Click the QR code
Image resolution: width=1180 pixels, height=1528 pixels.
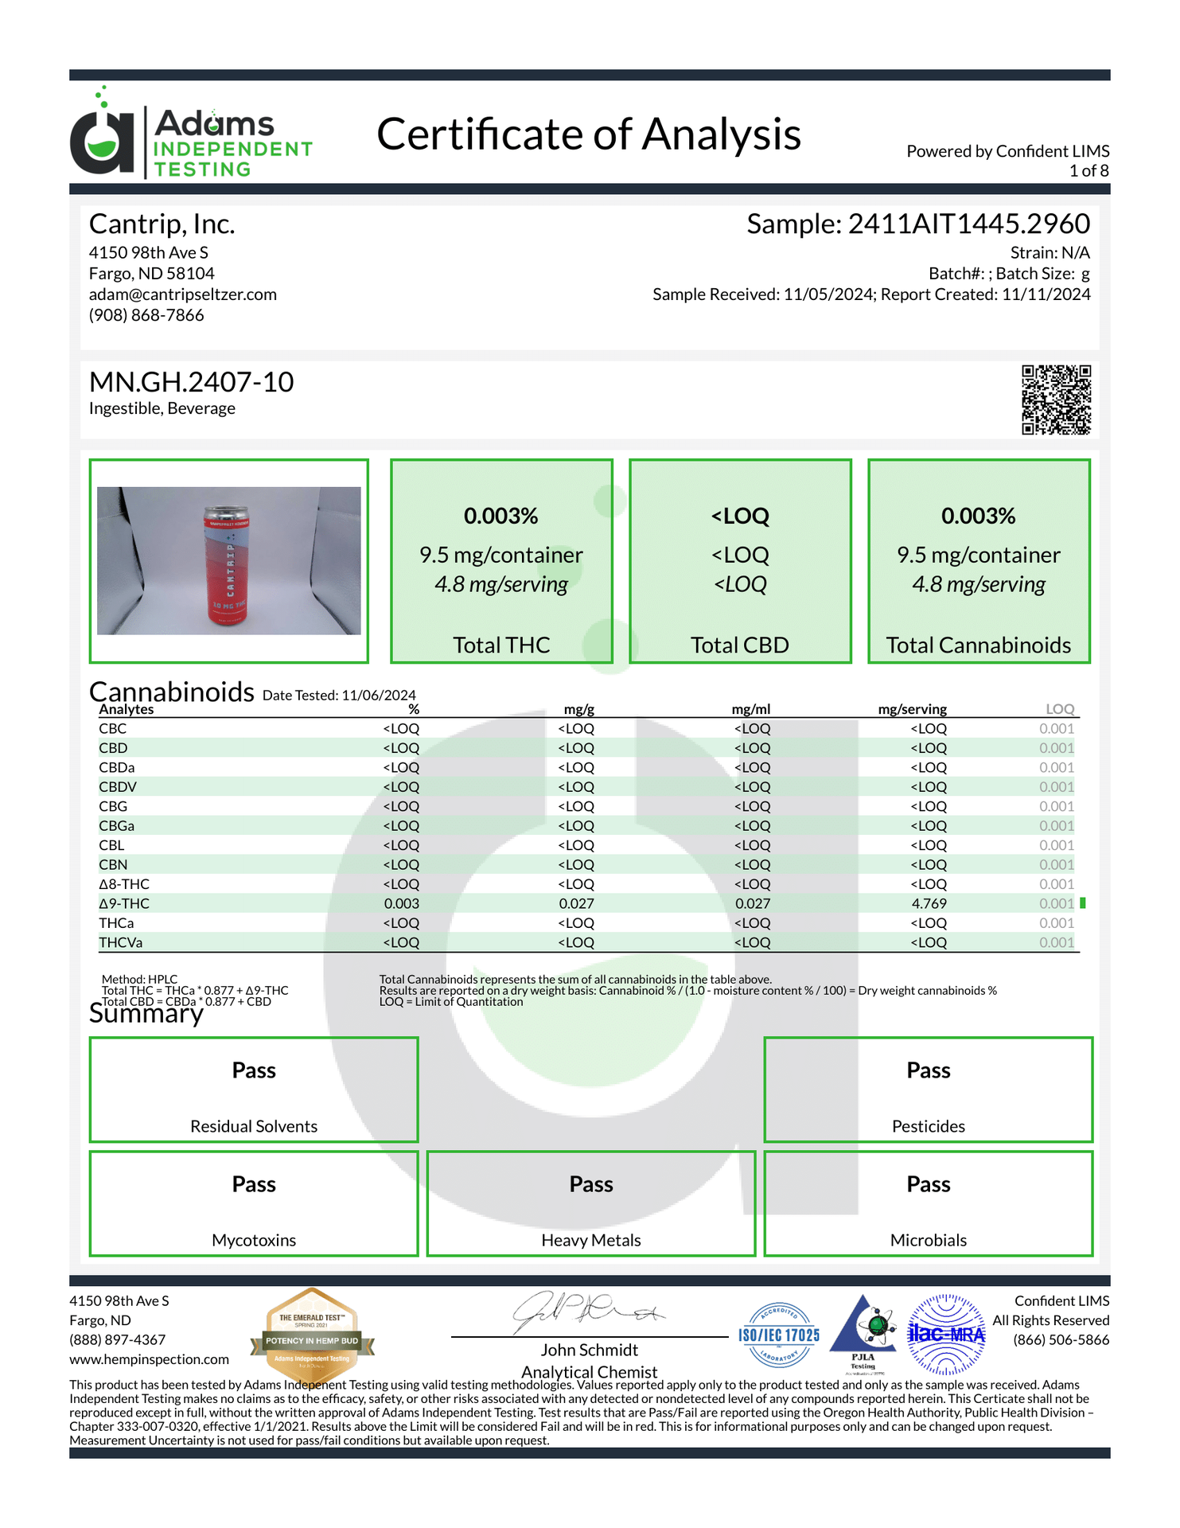point(1056,400)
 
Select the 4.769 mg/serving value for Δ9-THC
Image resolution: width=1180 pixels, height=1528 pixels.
point(928,903)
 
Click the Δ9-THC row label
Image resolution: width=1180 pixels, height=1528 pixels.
point(124,903)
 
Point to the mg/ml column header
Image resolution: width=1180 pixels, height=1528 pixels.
point(750,709)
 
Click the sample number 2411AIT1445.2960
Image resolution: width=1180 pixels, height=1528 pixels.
point(968,224)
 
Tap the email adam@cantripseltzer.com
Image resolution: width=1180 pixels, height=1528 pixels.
point(183,294)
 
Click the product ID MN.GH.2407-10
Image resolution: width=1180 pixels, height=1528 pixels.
point(191,382)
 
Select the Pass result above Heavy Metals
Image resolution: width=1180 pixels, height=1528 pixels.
point(591,1184)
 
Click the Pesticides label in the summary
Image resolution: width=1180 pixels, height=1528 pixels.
point(928,1126)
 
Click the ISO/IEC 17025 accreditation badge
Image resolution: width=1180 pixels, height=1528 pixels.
point(779,1335)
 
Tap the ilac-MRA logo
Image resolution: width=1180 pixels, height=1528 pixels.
point(946,1335)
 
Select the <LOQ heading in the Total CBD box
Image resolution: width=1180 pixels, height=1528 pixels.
point(740,516)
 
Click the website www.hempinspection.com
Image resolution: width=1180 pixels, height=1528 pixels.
point(149,1359)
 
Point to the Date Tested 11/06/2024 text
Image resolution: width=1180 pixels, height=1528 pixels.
point(339,696)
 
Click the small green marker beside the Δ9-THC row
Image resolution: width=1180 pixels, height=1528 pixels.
point(1083,903)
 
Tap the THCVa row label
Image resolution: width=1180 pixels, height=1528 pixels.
point(121,942)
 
